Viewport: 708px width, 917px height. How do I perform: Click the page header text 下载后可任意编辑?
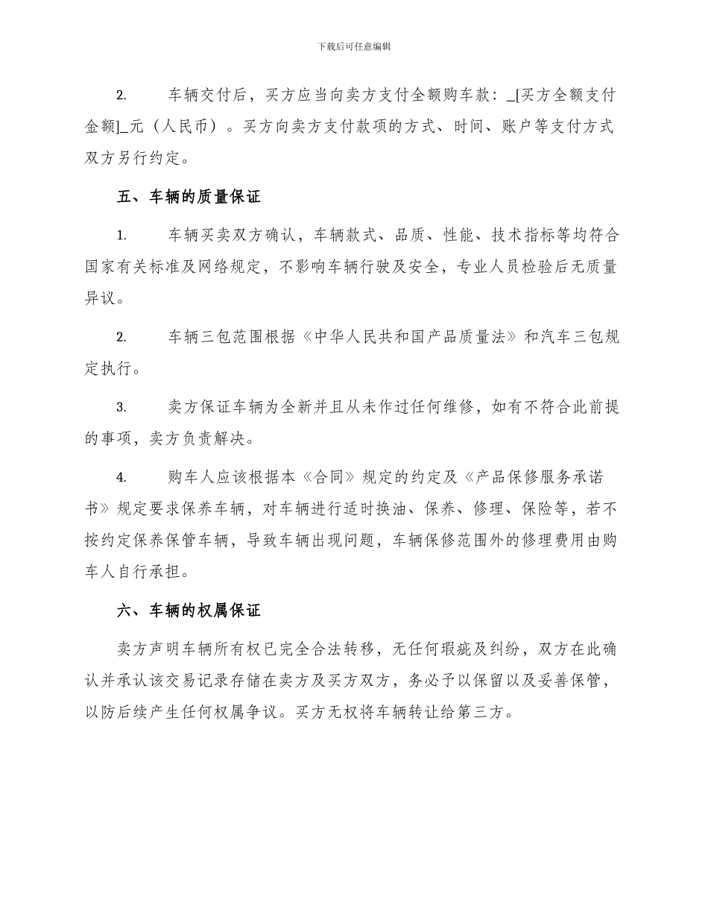(x=354, y=46)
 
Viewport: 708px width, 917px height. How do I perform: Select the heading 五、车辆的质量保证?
(x=189, y=197)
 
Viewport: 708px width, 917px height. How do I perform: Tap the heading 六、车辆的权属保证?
(x=189, y=611)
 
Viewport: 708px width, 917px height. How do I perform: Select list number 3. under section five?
(x=121, y=408)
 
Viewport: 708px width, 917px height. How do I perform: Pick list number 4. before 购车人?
(x=121, y=478)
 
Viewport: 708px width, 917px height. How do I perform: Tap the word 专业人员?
(x=490, y=268)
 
